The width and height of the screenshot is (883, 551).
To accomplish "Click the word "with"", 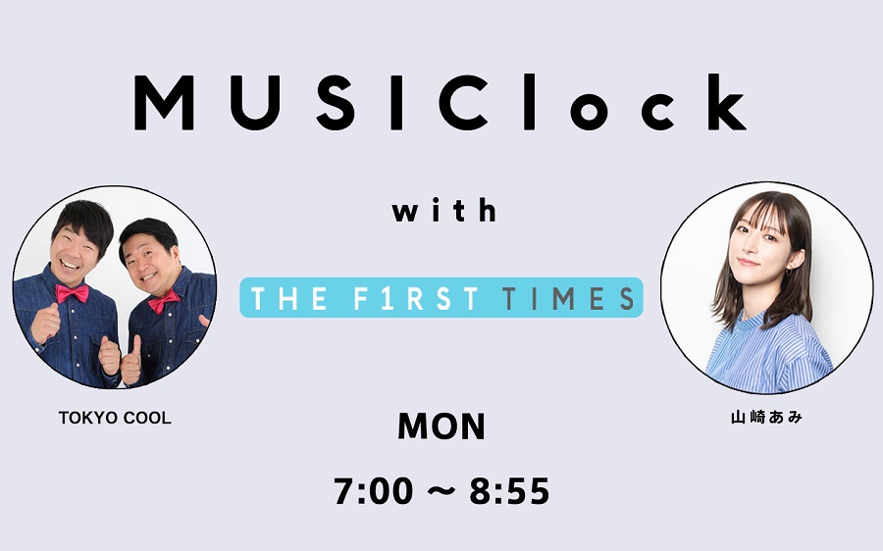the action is [444, 210].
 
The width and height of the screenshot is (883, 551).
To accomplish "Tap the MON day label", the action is [441, 426].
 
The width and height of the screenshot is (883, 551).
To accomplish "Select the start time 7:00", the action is [374, 491].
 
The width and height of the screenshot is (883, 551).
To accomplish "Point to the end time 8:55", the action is [509, 491].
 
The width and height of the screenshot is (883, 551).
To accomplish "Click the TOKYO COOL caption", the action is [115, 418].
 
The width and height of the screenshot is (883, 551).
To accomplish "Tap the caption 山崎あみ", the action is [766, 417].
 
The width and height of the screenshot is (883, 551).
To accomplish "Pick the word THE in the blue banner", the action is [288, 298].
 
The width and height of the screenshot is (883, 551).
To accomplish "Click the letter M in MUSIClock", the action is [164, 103].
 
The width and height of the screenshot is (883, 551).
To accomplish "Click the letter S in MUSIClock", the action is [336, 103].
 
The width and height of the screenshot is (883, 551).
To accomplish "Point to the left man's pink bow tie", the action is [72, 293].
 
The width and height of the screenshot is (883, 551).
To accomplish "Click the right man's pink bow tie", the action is [164, 301].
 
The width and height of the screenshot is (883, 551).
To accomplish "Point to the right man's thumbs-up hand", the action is [130, 360].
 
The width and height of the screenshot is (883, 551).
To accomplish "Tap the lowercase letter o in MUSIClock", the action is [589, 111].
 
